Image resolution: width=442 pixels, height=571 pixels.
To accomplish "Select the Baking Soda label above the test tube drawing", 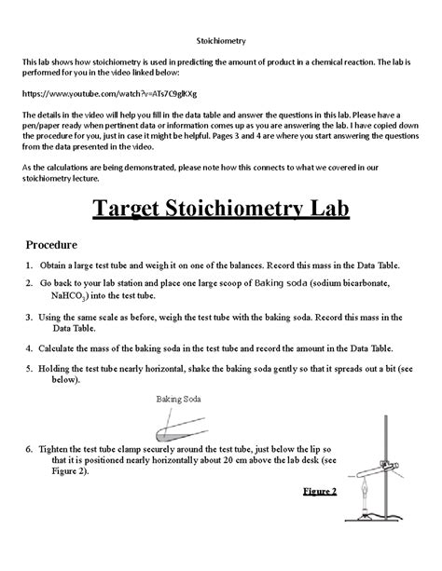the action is pos(178,399).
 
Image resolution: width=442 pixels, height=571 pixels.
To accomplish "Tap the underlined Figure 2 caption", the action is pos(320,491).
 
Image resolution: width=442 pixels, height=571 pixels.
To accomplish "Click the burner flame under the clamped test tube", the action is pos(363,498).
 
